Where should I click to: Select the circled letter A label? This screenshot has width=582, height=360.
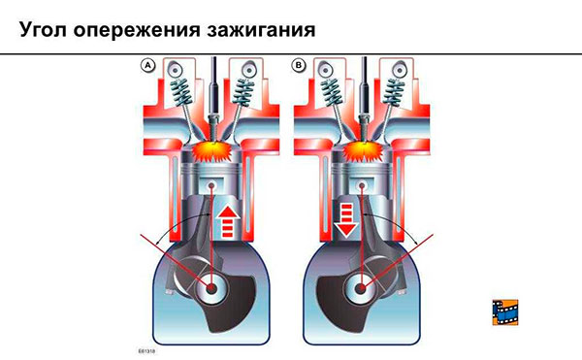148,65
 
